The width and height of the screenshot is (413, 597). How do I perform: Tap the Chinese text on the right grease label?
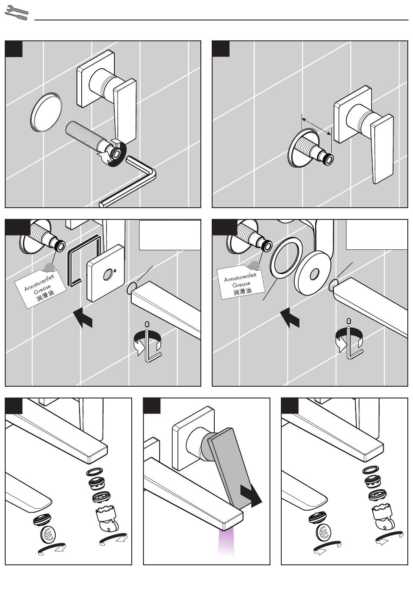click(243, 291)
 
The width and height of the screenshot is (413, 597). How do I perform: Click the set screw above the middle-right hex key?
click(349, 321)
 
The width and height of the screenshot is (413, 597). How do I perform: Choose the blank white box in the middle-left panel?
click(170, 235)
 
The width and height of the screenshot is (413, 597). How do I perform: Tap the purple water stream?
click(226, 543)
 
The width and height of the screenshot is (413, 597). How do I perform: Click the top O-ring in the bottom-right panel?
click(370, 470)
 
